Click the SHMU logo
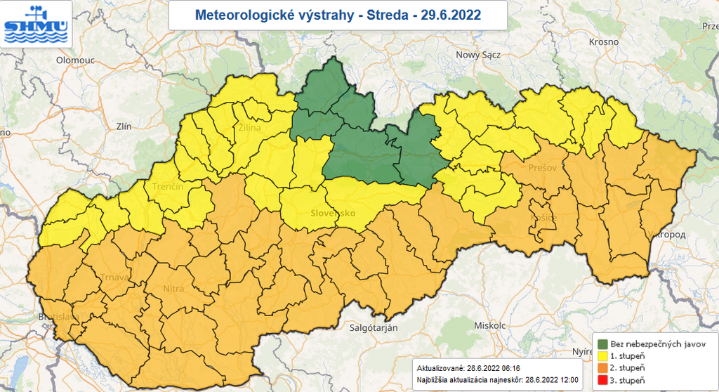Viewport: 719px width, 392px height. (x=35, y=23)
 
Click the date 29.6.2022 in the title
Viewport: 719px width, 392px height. (x=451, y=15)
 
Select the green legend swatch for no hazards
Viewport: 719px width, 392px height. (x=603, y=344)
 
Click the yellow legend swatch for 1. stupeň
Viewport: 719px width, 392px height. (x=603, y=356)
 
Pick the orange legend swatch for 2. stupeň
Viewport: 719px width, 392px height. (x=603, y=368)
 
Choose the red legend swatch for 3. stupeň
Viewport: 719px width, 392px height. (x=603, y=380)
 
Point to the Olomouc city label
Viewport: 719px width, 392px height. (x=75, y=60)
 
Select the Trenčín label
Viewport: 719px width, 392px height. (x=168, y=186)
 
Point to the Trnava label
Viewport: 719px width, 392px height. (x=114, y=277)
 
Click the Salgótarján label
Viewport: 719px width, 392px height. (x=374, y=328)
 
